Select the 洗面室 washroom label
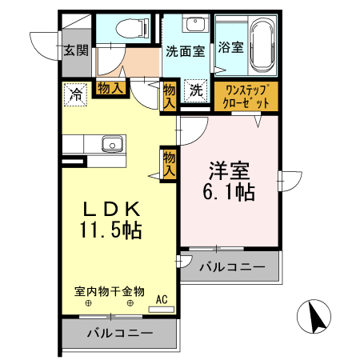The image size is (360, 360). (185, 50)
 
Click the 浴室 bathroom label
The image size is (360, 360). (231, 47)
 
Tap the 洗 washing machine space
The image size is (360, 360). (196, 91)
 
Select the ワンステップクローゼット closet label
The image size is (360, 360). (246, 96)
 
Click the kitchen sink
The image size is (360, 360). (110, 144)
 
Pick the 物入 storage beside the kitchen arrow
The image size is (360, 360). (170, 163)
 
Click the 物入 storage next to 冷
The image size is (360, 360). (111, 88)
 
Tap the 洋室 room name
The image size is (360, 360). (230, 170)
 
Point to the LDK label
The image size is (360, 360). (113, 210)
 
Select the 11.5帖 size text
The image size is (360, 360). (111, 231)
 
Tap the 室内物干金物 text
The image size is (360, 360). (109, 291)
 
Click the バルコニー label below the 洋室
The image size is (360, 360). (231, 267)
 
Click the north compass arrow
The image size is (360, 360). (317, 318)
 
